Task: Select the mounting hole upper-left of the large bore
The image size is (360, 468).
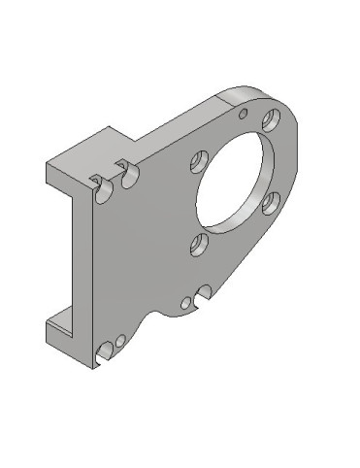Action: point(200,158)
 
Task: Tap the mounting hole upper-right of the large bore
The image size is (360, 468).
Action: point(271,120)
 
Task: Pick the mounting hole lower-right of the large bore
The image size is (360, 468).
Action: point(271,203)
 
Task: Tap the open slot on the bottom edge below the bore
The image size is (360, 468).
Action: point(204,291)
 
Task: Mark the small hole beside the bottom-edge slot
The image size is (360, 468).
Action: point(186,303)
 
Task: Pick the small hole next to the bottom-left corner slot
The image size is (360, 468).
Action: point(119,341)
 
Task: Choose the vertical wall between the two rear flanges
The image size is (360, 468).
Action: point(80,252)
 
